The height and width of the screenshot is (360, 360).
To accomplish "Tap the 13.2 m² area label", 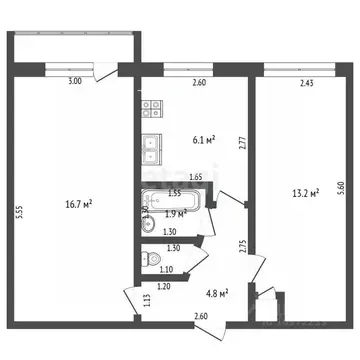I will click(x=305, y=192).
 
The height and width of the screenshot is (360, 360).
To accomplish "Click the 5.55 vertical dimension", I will click(x=21, y=211).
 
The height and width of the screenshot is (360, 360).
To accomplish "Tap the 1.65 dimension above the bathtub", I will click(x=196, y=177).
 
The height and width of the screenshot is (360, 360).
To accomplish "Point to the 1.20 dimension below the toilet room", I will click(x=162, y=286).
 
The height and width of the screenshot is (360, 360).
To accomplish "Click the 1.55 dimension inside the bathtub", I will click(x=174, y=192).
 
